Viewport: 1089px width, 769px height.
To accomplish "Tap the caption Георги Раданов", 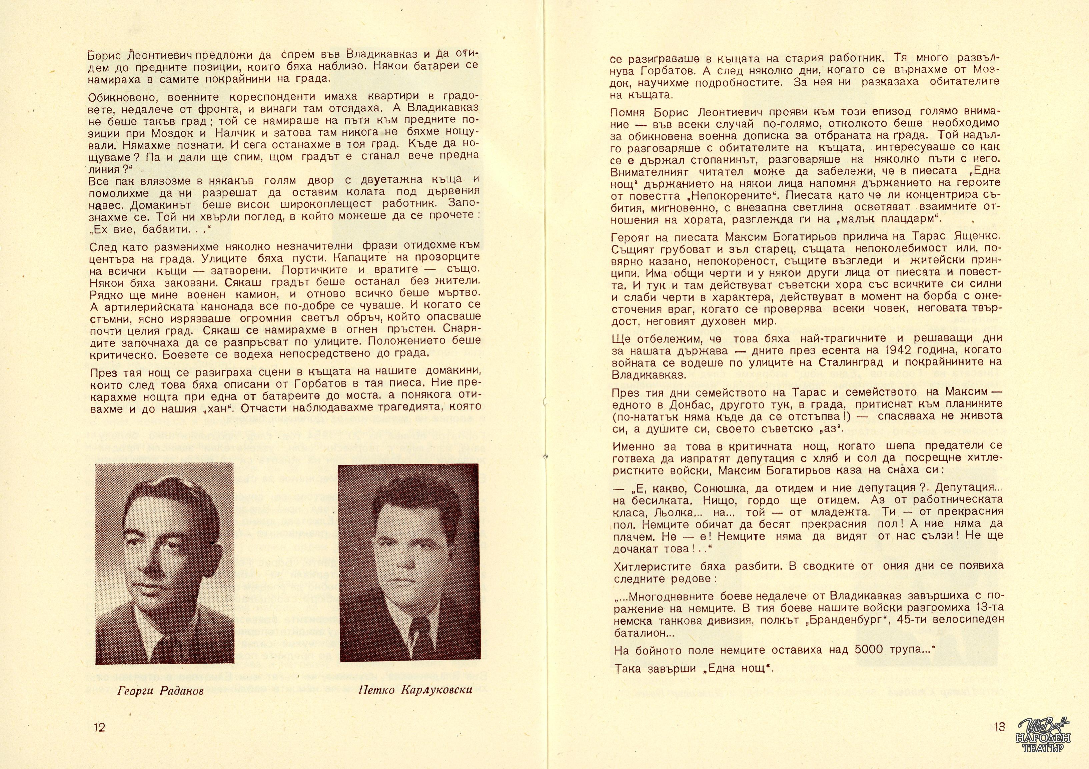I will tap(160, 691).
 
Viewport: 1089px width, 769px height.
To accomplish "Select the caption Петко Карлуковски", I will tap(415, 690).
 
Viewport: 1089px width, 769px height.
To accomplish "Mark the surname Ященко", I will tap(978, 235).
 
